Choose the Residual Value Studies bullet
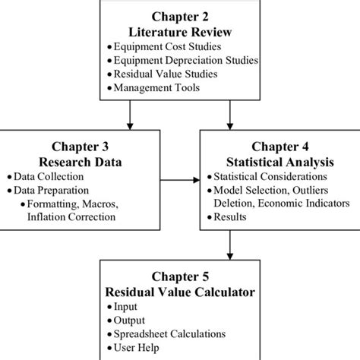tap(169, 74)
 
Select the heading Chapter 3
tap(81, 146)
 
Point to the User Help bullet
tap(137, 348)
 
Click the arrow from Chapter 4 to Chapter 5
tap(229, 245)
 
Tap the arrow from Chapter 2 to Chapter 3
tap(131, 114)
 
